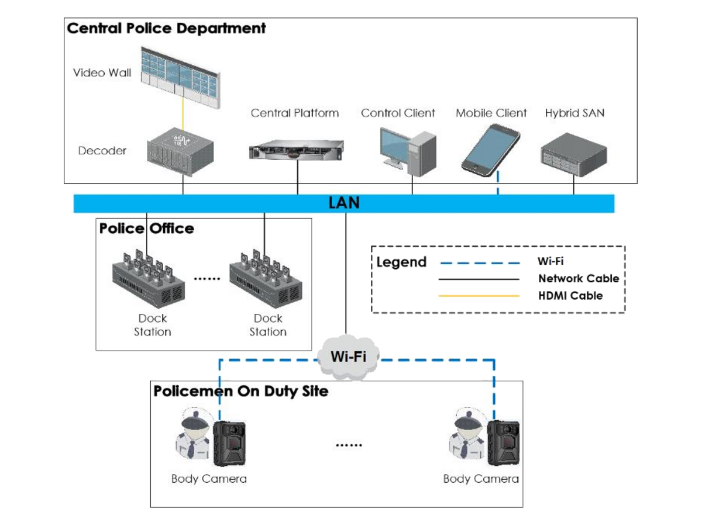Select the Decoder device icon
[180, 151]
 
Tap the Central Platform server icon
[296, 150]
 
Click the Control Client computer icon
[408, 152]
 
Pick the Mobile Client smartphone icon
[490, 150]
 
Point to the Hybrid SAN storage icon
[574, 154]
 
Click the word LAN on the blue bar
[344, 203]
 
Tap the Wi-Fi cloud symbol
[348, 357]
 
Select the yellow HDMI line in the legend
[479, 296]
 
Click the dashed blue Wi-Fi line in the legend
[480, 263]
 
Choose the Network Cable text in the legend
[579, 279]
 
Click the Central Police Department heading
[166, 29]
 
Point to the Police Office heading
[146, 229]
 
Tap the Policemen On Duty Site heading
[241, 392]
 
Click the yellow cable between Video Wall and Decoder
[183, 114]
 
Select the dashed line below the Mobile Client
[498, 183]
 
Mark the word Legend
[401, 262]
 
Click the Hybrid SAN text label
[574, 113]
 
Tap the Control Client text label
[398, 113]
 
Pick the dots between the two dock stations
[207, 279]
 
